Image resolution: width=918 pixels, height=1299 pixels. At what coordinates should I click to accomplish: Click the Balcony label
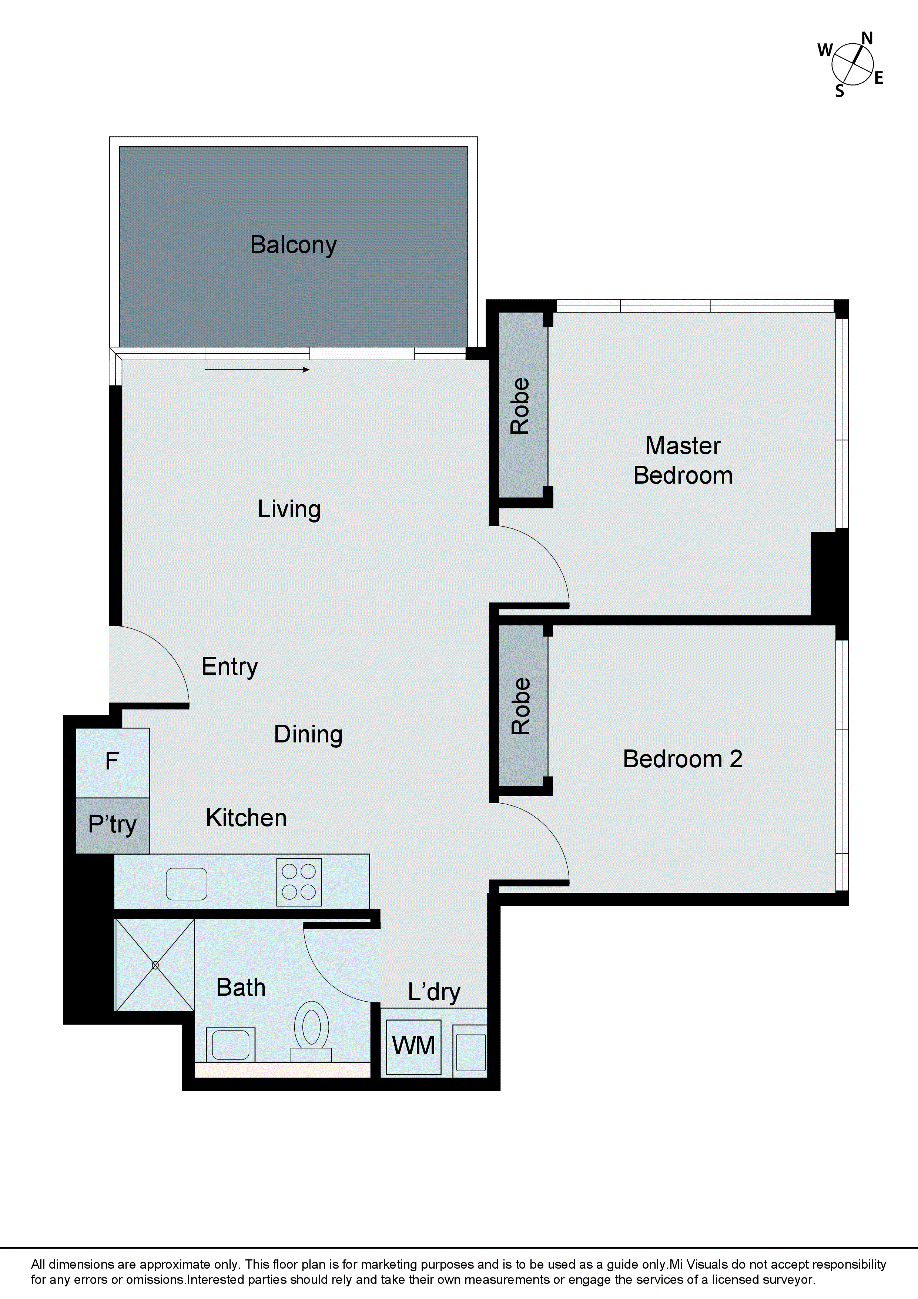pyautogui.click(x=293, y=245)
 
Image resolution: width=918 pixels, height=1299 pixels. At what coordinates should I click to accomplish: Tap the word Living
pyautogui.click(x=289, y=509)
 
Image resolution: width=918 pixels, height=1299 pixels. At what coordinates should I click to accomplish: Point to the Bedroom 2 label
pyautogui.click(x=682, y=759)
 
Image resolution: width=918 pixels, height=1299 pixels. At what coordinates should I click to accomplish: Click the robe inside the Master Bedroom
pyautogui.click(x=520, y=405)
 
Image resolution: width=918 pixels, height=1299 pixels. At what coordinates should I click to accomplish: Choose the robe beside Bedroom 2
pyautogui.click(x=521, y=706)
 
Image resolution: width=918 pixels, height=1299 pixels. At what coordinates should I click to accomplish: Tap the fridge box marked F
pyautogui.click(x=113, y=762)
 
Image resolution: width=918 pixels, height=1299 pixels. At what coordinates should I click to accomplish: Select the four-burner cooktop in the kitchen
pyautogui.click(x=299, y=882)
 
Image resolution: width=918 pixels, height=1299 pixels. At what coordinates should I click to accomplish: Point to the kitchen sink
pyautogui.click(x=186, y=884)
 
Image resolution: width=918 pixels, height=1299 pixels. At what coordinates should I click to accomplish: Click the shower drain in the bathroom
pyautogui.click(x=155, y=965)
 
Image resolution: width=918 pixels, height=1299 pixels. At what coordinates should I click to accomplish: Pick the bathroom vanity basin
pyautogui.click(x=231, y=1044)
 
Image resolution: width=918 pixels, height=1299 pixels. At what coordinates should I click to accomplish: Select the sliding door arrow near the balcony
pyautogui.click(x=257, y=370)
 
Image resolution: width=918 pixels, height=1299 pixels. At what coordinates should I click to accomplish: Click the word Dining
pyautogui.click(x=308, y=734)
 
